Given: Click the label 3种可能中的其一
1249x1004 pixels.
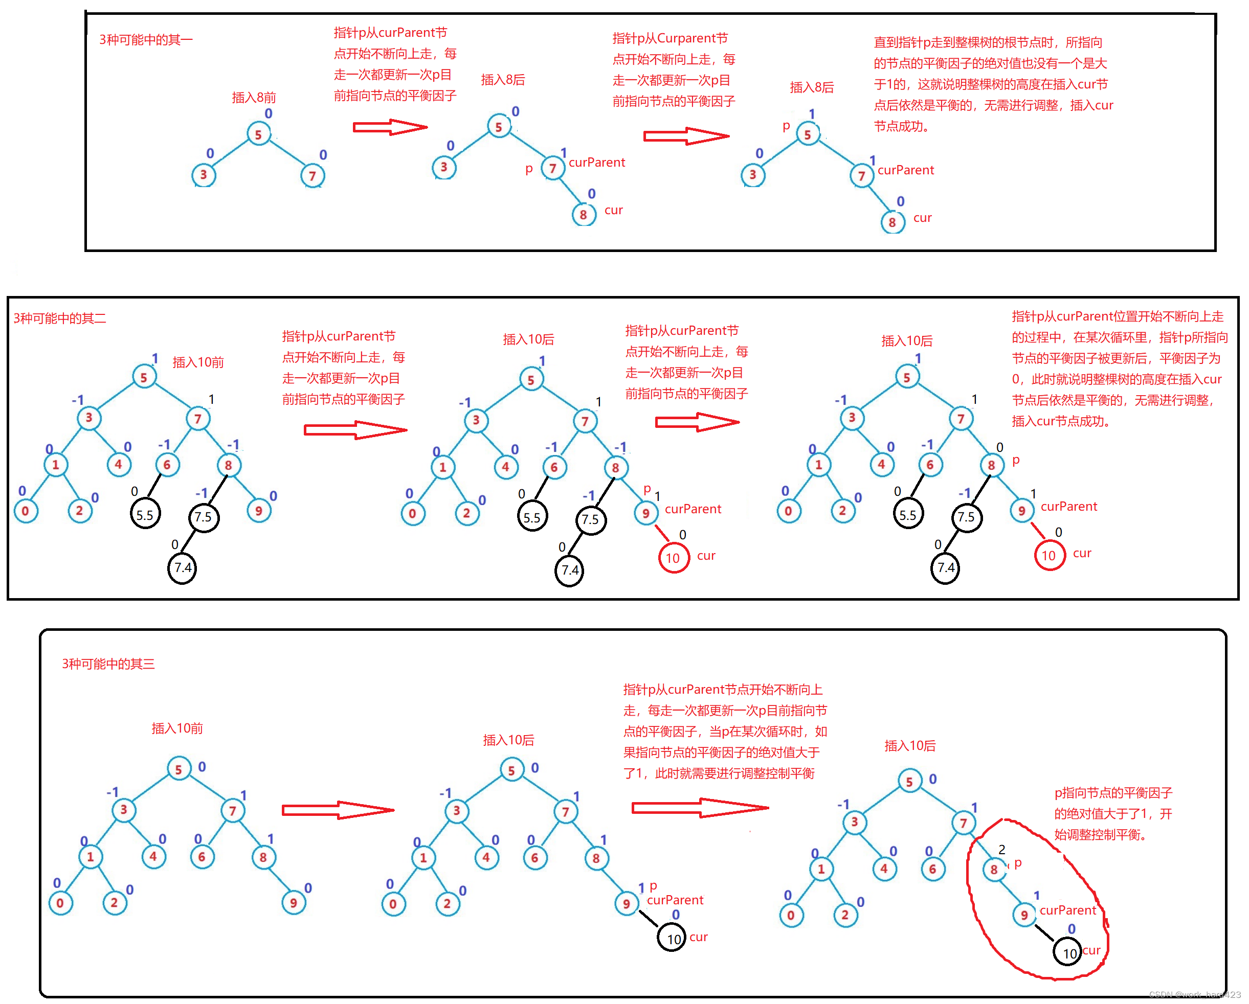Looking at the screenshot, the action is [x=145, y=39].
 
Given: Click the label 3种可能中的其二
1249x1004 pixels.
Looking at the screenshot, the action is [x=60, y=318].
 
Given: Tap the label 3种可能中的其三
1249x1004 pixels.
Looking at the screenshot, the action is [x=108, y=664].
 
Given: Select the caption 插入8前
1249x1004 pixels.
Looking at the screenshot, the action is [x=254, y=97].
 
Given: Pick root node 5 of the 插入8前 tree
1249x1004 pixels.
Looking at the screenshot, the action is [x=258, y=134].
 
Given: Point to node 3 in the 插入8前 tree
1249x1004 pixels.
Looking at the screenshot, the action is [x=204, y=175].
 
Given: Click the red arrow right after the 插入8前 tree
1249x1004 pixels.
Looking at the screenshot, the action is [x=389, y=127].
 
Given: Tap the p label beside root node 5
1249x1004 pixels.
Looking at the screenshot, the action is [x=786, y=126].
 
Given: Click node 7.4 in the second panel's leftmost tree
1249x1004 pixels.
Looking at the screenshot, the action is [x=183, y=568].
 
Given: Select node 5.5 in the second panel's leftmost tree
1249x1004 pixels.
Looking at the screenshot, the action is [x=145, y=515].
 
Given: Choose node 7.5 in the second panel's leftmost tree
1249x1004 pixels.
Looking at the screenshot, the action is [x=204, y=517].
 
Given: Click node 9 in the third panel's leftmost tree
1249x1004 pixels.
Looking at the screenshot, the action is [x=293, y=903].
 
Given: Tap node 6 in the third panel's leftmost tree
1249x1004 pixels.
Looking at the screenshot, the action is [x=202, y=857].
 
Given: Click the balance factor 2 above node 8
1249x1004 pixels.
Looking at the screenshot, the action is [x=1001, y=850].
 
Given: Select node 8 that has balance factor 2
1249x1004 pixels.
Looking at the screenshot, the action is [x=994, y=869].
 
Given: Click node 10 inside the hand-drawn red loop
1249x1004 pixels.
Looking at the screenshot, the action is [x=1069, y=953].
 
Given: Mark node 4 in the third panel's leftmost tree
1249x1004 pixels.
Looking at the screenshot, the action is [x=153, y=856].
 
